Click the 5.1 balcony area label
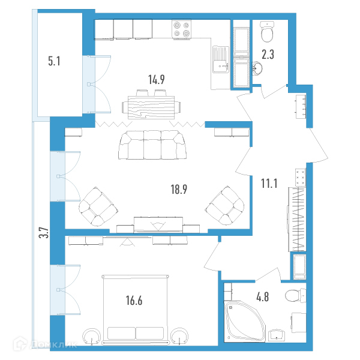(54, 61)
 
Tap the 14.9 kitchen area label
(157, 80)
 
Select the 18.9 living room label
(179, 190)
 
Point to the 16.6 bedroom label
(134, 301)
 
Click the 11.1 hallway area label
(269, 184)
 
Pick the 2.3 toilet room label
(268, 55)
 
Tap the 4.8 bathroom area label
(262, 296)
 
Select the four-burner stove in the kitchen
(181, 29)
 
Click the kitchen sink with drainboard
(220, 59)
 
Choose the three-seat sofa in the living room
(152, 145)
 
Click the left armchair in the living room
(98, 206)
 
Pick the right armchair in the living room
(225, 206)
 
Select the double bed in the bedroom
(135, 310)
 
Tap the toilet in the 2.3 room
(267, 32)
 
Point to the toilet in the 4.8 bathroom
(296, 296)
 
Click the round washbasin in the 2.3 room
(257, 68)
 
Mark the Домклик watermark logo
(45, 344)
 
